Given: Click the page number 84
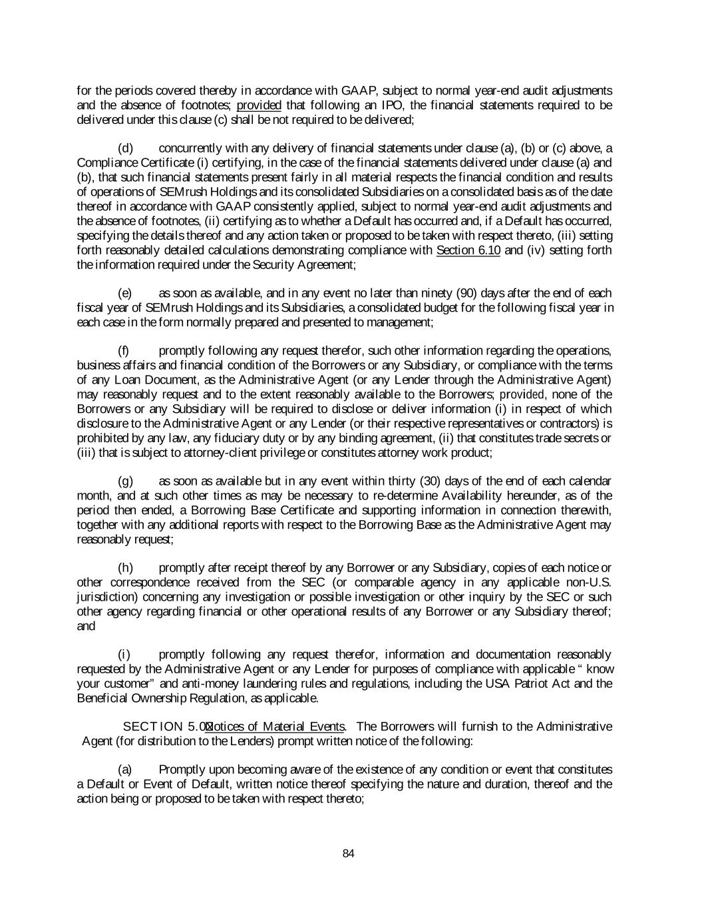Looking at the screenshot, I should click(x=348, y=853).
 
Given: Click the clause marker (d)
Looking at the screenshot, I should click(x=126, y=148).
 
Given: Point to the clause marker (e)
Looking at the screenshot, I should click(x=125, y=294).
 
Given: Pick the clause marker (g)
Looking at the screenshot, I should click(x=125, y=481).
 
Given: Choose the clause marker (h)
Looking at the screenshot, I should click(x=125, y=568).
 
